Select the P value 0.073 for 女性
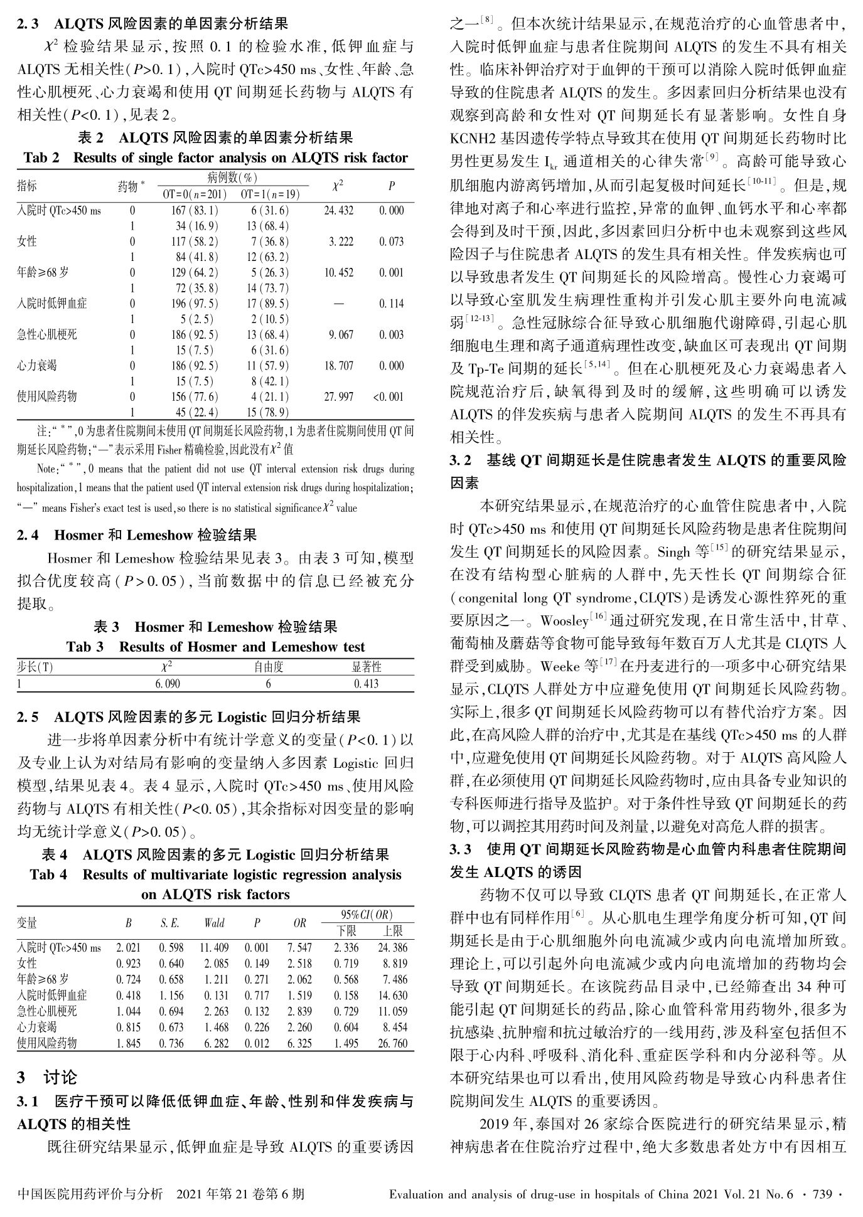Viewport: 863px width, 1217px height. pos(392,242)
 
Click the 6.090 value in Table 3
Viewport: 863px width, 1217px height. pos(168,683)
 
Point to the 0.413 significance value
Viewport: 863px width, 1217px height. pos(367,683)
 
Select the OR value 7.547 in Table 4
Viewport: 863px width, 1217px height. pos(300,947)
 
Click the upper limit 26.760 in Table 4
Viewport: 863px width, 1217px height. pos(394,1043)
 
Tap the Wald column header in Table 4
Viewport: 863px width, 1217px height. pos(214,923)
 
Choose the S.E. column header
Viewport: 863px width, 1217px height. pos(169,923)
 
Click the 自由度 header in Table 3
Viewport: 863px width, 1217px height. pos(268,667)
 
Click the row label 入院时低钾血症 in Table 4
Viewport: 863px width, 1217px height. pos(52,995)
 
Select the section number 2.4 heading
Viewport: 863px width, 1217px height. pos(28,535)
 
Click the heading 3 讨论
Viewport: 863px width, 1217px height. pos(47,1077)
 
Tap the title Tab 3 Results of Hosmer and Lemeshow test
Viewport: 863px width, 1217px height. pos(215,647)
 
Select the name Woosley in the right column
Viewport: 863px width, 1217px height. pos(563,621)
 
